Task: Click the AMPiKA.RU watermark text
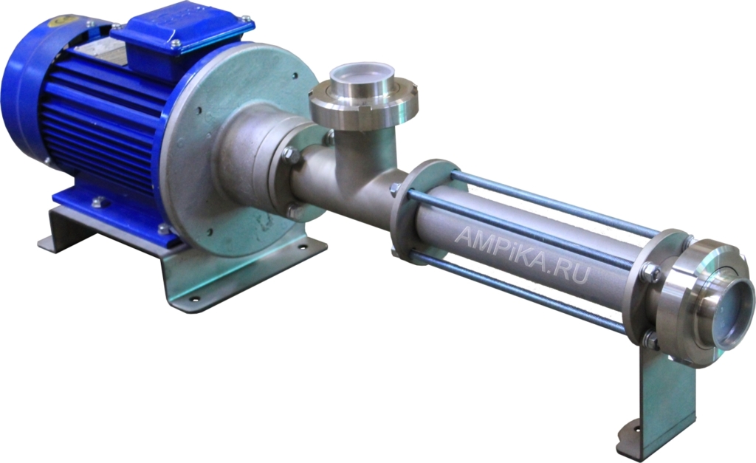click(522, 256)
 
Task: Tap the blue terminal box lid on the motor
click(182, 30)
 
